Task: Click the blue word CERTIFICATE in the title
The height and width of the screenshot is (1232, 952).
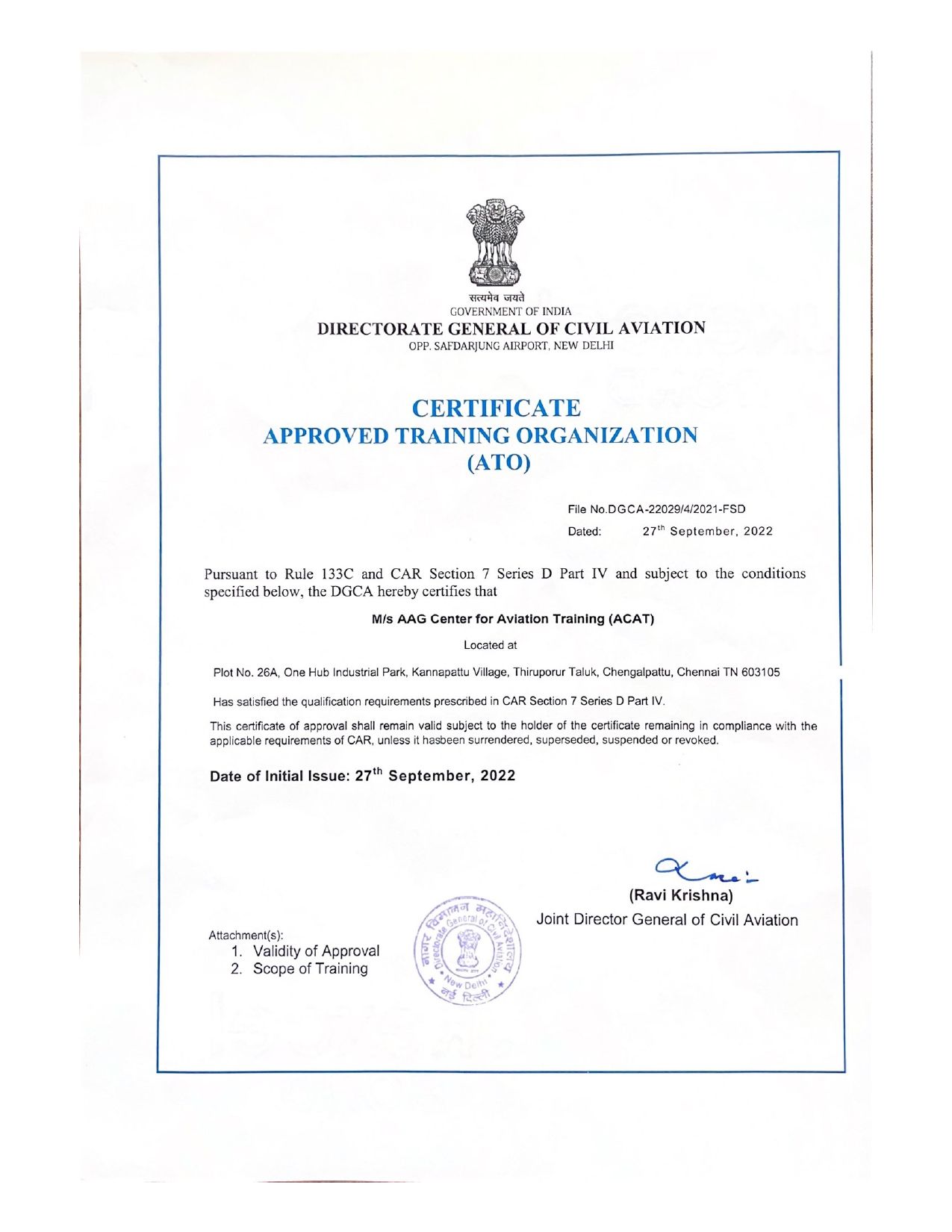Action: coord(496,408)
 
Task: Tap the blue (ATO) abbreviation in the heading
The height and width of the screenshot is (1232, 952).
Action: coord(498,463)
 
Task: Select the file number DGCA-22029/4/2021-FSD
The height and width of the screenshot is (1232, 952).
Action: coord(676,509)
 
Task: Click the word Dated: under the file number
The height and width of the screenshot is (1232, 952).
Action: coord(585,532)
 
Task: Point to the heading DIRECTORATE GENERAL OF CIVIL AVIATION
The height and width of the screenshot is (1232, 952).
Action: coord(511,329)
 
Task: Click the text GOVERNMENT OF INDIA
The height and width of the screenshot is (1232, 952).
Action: coord(511,311)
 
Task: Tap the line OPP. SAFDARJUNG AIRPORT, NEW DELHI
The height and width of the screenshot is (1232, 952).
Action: coord(511,346)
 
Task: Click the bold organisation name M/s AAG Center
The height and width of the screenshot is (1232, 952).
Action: coord(512,619)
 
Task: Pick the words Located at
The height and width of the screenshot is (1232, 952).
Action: coord(490,645)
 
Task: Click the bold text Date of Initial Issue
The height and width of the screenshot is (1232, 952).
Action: coord(279,776)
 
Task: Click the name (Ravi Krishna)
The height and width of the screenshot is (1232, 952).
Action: coord(682,895)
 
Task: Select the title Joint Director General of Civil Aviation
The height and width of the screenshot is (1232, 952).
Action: coord(667,920)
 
